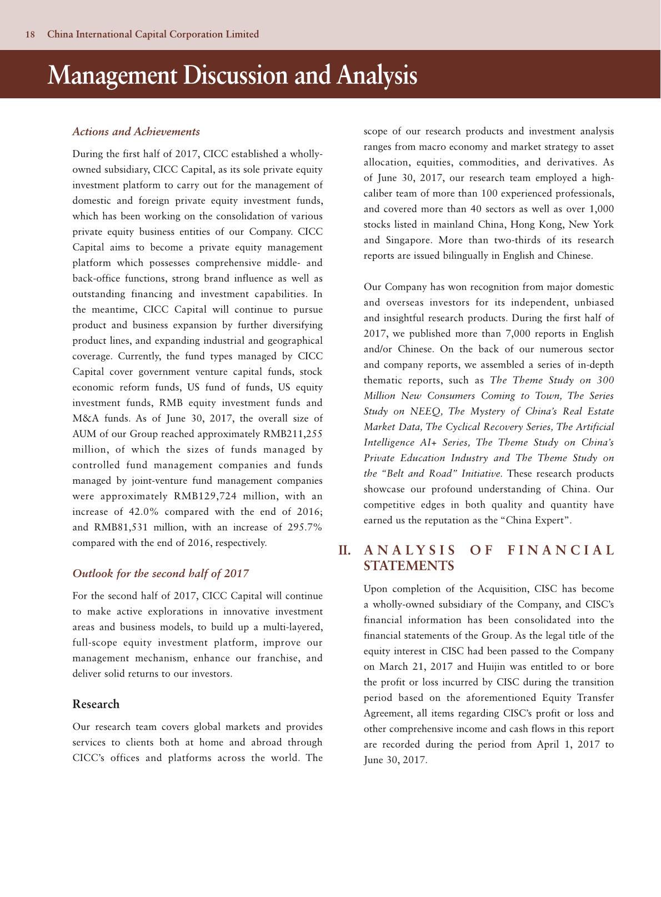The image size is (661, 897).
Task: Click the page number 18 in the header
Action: click(x=31, y=34)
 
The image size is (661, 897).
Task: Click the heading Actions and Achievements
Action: click(x=136, y=132)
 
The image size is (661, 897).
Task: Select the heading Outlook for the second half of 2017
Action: click(x=161, y=574)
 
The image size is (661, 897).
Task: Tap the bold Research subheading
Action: click(x=96, y=704)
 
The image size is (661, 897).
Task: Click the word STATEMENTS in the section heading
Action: click(x=409, y=566)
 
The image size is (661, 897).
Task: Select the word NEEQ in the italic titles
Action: click(x=425, y=412)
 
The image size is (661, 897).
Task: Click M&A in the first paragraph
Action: click(x=84, y=418)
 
